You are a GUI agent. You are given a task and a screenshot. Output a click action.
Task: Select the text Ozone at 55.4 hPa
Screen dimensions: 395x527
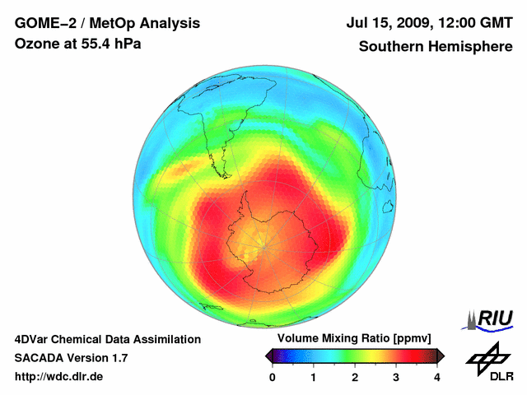(77, 44)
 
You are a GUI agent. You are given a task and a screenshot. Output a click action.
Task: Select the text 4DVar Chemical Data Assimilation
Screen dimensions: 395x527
(107, 339)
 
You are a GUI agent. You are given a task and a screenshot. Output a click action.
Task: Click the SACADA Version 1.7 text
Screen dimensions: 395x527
(71, 358)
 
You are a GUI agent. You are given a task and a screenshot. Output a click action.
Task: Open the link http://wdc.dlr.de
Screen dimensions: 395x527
(59, 377)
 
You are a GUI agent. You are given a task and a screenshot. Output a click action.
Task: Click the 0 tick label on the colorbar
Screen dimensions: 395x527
(273, 377)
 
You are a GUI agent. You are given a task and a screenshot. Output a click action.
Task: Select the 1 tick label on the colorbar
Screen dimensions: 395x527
(314, 377)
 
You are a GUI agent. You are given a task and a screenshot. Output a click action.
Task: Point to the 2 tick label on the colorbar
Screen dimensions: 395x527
(355, 377)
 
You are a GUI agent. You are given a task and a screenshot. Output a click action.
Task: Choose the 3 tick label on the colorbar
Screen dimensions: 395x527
(396, 377)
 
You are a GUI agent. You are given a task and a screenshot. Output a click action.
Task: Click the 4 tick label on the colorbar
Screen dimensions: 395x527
(437, 377)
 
